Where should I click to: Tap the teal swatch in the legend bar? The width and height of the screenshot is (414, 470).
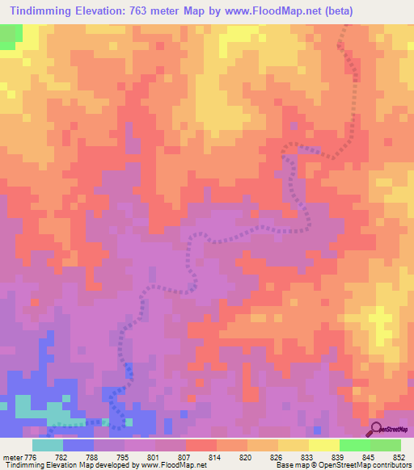coord(47,445)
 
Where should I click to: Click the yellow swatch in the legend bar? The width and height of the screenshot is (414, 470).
coord(293,445)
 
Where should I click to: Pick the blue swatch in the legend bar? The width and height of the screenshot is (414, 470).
coord(78,445)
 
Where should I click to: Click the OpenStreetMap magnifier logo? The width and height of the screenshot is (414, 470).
coord(378,428)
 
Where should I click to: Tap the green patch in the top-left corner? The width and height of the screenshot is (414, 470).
coord(11,36)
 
